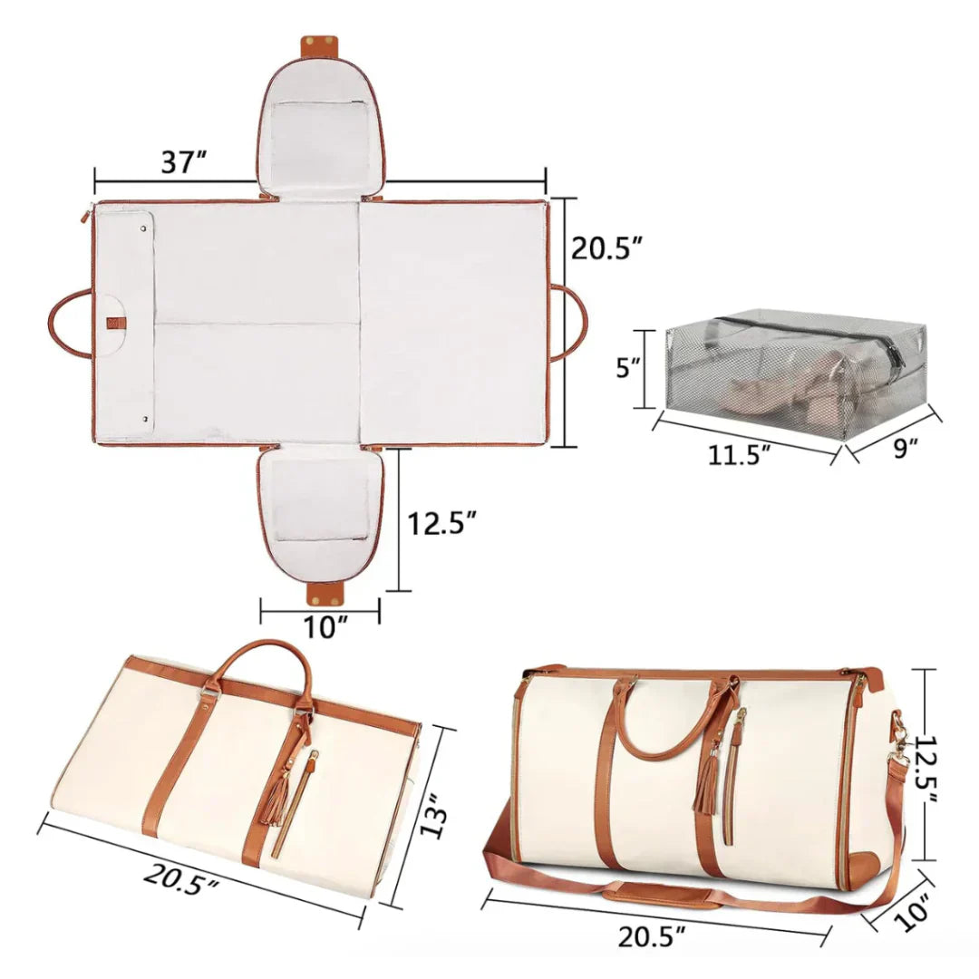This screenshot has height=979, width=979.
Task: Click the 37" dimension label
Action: click(x=185, y=163)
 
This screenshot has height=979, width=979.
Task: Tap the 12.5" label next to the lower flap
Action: click(x=441, y=523)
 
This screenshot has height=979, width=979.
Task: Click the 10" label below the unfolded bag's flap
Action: click(x=320, y=626)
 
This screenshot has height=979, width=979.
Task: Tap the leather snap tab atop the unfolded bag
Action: click(x=319, y=44)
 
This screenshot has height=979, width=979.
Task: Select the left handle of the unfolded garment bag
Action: click(x=69, y=323)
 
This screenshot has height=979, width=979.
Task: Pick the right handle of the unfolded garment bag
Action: click(x=571, y=323)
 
